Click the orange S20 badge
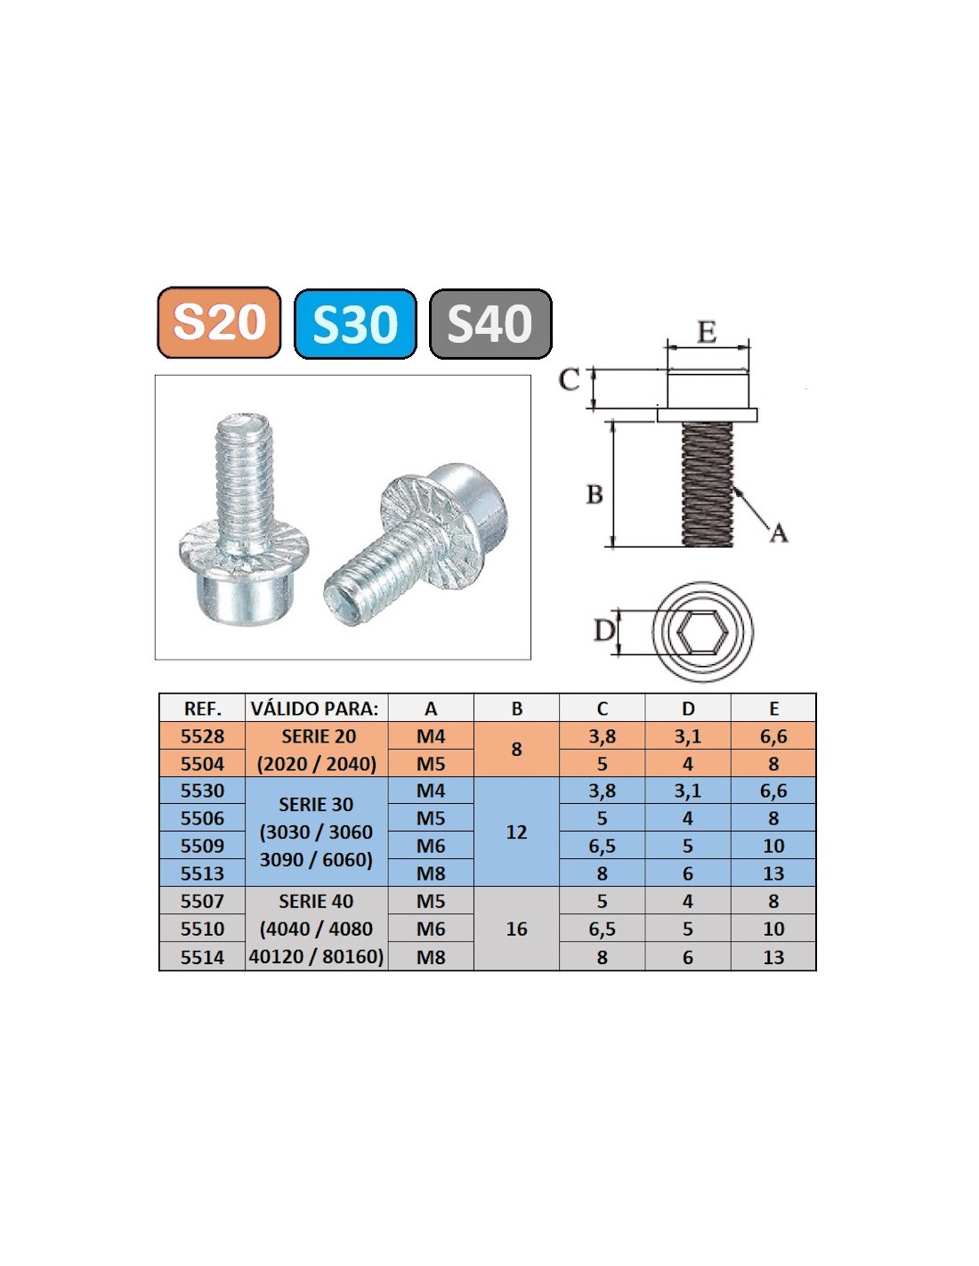click(219, 322)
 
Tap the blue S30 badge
click(355, 323)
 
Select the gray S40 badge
click(490, 323)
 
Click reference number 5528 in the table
click(202, 736)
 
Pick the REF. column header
click(202, 709)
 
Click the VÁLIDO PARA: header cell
click(315, 709)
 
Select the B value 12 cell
click(516, 832)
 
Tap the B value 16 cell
click(516, 929)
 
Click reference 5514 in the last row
click(202, 957)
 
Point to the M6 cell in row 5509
click(431, 846)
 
